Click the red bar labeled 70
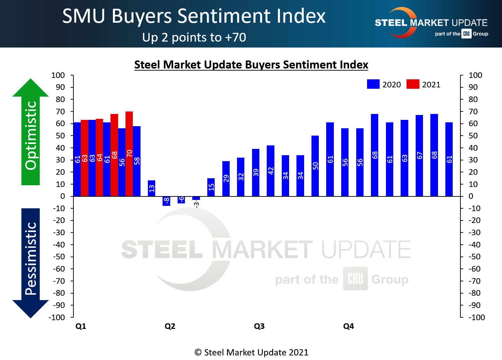click(129, 154)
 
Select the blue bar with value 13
click(151, 188)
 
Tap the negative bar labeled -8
click(166, 201)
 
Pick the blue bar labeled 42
click(271, 171)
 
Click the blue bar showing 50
click(315, 166)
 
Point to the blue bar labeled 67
click(419, 156)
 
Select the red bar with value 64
click(99, 157)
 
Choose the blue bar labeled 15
click(211, 187)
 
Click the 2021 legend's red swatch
click(413, 84)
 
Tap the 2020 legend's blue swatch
click(373, 84)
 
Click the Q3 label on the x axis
click(259, 326)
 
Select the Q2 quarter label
click(170, 326)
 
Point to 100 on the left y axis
click(58, 75)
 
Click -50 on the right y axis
click(474, 257)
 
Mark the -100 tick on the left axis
click(57, 317)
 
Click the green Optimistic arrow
click(31, 133)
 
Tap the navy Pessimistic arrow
click(31, 262)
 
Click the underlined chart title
click(251, 65)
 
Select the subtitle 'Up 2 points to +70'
click(194, 37)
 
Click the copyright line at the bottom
click(251, 352)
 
